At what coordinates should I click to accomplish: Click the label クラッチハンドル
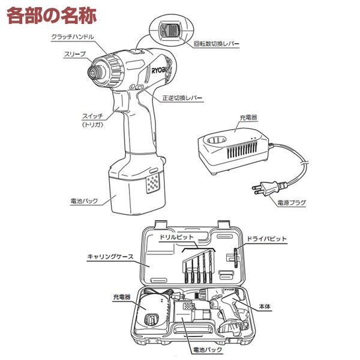73,37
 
